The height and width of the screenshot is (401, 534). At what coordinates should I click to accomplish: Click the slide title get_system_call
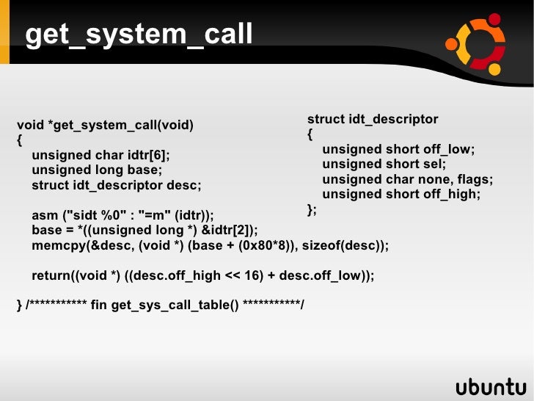click(x=139, y=34)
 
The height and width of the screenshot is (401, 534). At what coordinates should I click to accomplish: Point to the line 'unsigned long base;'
click(x=97, y=170)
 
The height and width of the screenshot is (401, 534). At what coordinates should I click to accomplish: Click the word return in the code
click(x=51, y=276)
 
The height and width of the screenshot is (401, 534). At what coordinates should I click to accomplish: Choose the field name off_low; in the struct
click(x=449, y=150)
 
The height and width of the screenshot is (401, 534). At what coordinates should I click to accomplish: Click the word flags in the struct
click(x=475, y=180)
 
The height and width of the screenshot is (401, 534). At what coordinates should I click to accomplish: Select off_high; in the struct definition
click(x=452, y=195)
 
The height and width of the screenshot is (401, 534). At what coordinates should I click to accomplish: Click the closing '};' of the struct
click(x=312, y=210)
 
